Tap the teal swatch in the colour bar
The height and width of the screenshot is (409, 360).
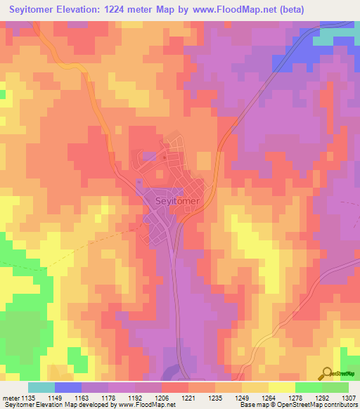[x=41, y=387]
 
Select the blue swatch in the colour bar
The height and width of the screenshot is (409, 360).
[x=68, y=387]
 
